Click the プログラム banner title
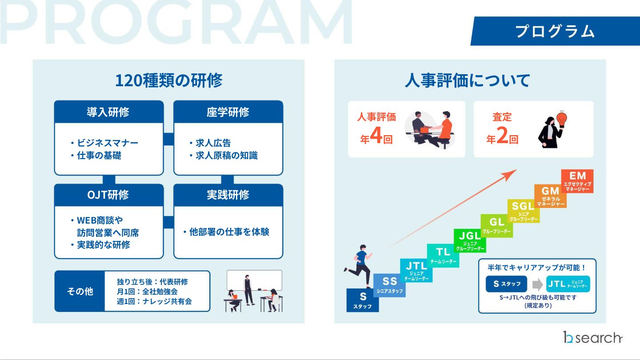555,31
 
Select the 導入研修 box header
108,112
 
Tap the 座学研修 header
228,112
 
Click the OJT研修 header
108,195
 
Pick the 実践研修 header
228,195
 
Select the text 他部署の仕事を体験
229,232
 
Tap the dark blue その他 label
80,291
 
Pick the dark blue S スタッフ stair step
363,300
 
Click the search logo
593,338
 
